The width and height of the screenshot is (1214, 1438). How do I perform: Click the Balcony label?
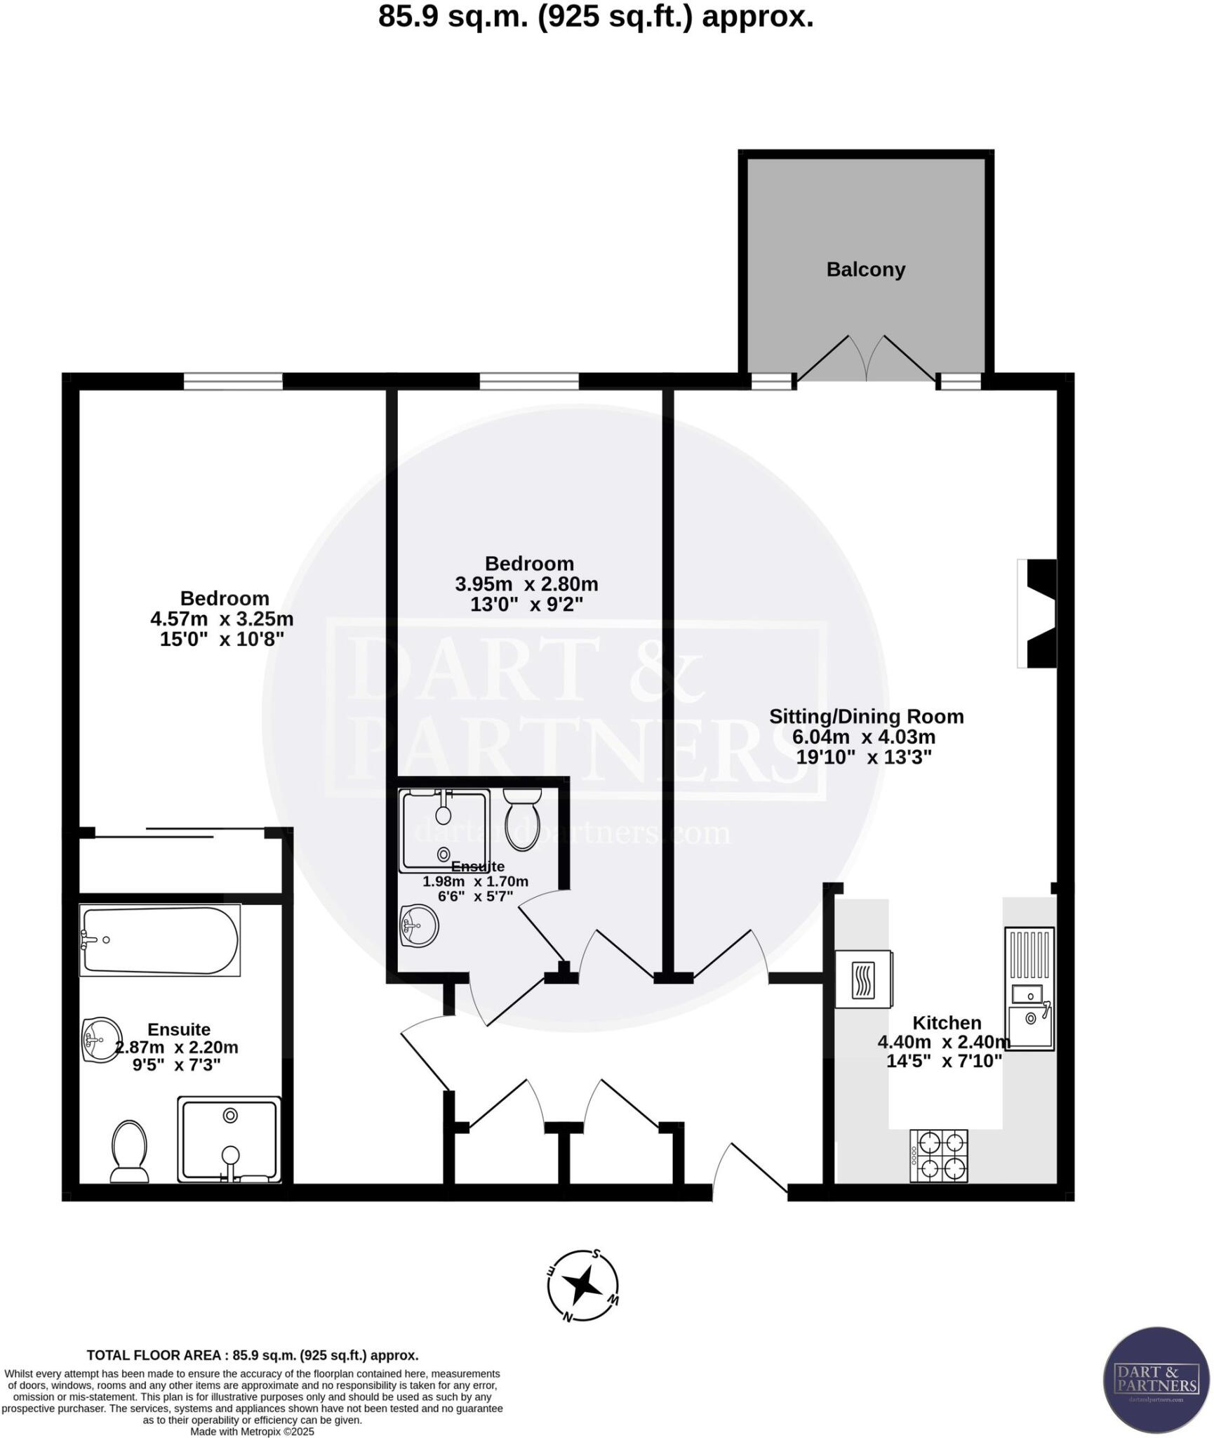coord(865,270)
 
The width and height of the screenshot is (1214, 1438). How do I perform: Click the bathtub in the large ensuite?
coord(159,940)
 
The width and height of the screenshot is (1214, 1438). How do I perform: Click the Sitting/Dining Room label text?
coord(866,716)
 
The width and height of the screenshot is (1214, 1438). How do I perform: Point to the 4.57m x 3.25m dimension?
coord(222,619)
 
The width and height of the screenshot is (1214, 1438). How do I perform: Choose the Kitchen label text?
coord(946,1023)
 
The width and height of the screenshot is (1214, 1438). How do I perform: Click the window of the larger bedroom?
coord(233,381)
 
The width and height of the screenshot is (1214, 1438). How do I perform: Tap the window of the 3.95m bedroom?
coord(529,381)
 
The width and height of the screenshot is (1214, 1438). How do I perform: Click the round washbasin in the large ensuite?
coord(101,1040)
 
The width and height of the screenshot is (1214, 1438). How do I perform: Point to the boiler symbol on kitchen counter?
coord(863,979)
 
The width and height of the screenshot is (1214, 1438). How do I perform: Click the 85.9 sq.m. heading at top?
coord(596,17)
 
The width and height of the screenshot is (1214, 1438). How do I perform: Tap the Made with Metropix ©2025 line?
coord(252,1431)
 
